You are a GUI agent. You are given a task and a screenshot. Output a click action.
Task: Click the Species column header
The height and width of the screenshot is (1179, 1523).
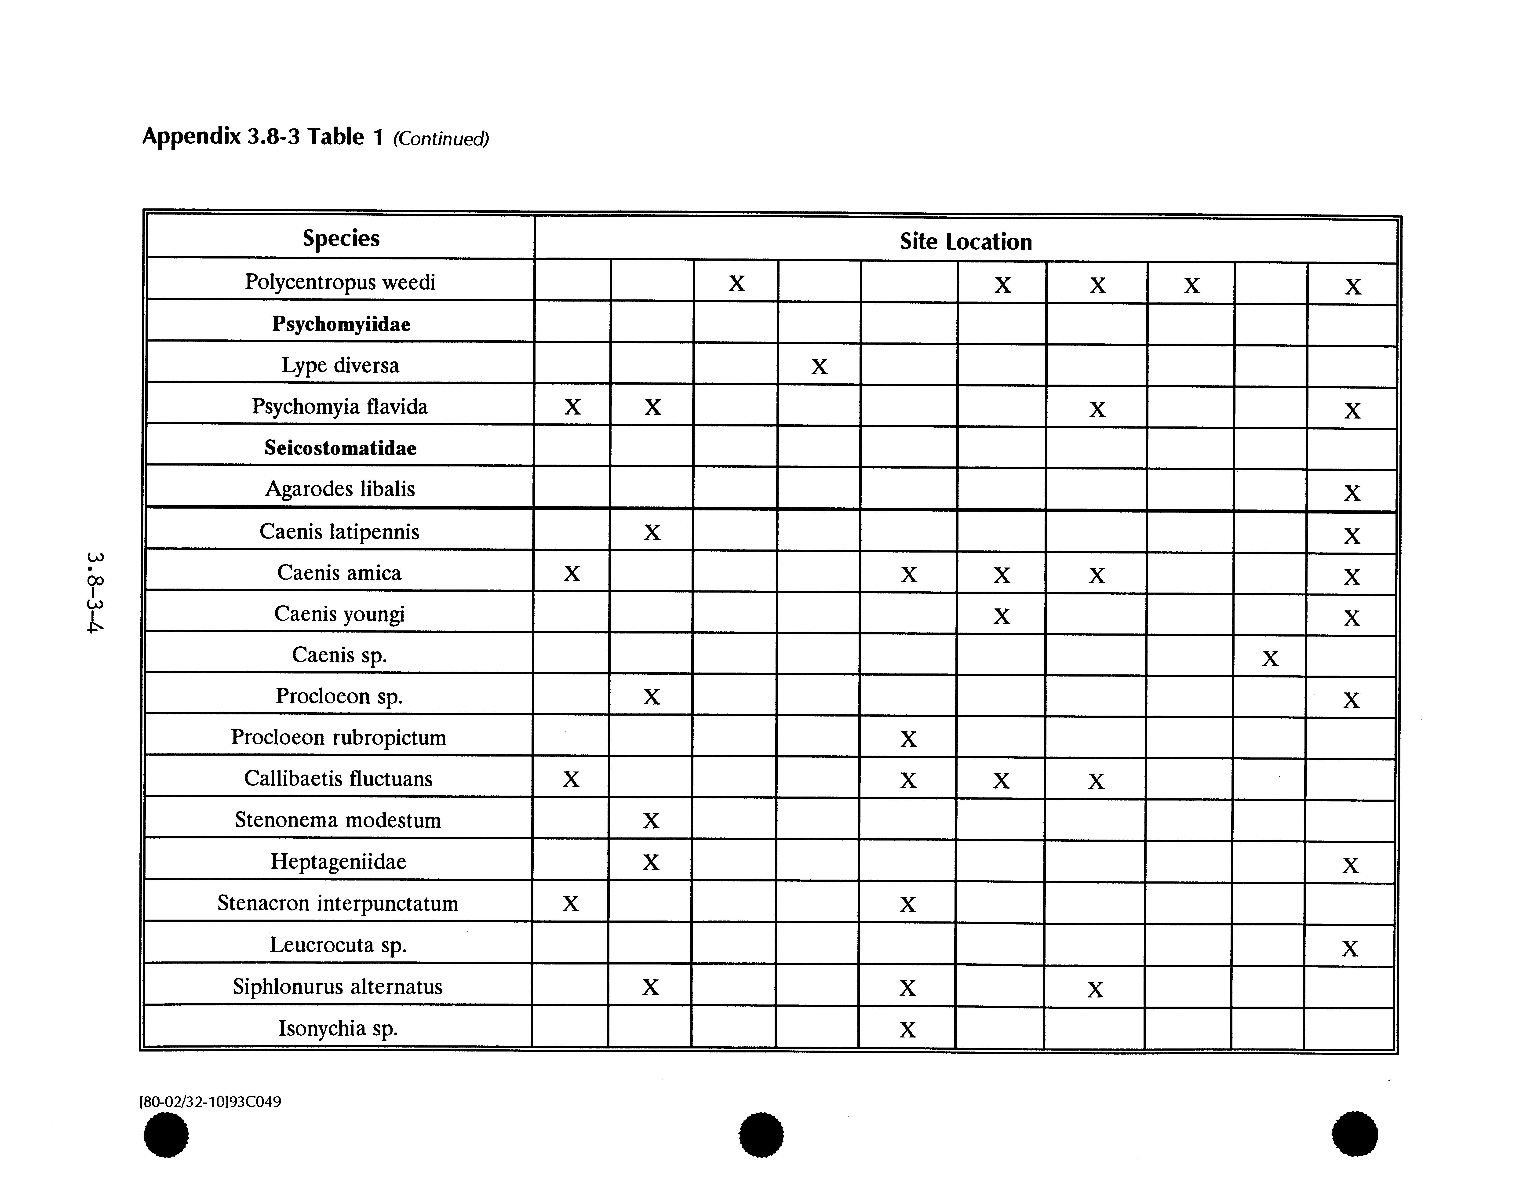[x=341, y=238]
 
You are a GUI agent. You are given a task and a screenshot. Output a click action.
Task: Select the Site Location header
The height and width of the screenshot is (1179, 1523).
[x=965, y=241]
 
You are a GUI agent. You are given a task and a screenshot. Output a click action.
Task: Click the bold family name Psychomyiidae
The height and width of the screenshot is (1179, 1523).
[x=341, y=324]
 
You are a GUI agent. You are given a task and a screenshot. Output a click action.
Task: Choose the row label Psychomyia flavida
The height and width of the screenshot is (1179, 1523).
[x=340, y=407]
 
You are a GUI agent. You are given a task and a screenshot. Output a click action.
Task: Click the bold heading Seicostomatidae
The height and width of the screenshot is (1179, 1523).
[x=340, y=448]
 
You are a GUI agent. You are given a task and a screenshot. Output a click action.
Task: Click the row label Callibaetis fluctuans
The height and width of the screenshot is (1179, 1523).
[x=338, y=778]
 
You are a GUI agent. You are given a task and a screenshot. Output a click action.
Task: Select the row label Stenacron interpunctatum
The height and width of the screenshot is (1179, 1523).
[x=338, y=903]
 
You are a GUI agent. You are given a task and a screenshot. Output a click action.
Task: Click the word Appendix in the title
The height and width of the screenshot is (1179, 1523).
[x=191, y=136]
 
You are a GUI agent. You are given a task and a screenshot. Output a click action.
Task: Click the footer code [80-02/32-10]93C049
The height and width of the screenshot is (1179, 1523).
[x=211, y=1102]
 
